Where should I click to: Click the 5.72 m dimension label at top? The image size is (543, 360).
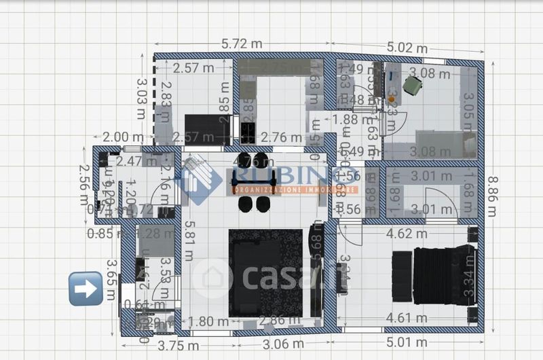[242, 43]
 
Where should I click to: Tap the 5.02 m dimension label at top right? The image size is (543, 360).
[408, 48]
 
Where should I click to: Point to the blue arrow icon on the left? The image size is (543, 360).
[86, 288]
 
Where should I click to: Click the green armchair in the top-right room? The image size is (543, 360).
[412, 86]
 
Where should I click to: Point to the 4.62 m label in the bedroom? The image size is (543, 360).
[407, 234]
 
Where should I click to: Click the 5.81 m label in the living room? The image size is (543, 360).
[189, 242]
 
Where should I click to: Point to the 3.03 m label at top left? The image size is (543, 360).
[142, 98]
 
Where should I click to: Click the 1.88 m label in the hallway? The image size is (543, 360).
[350, 120]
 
